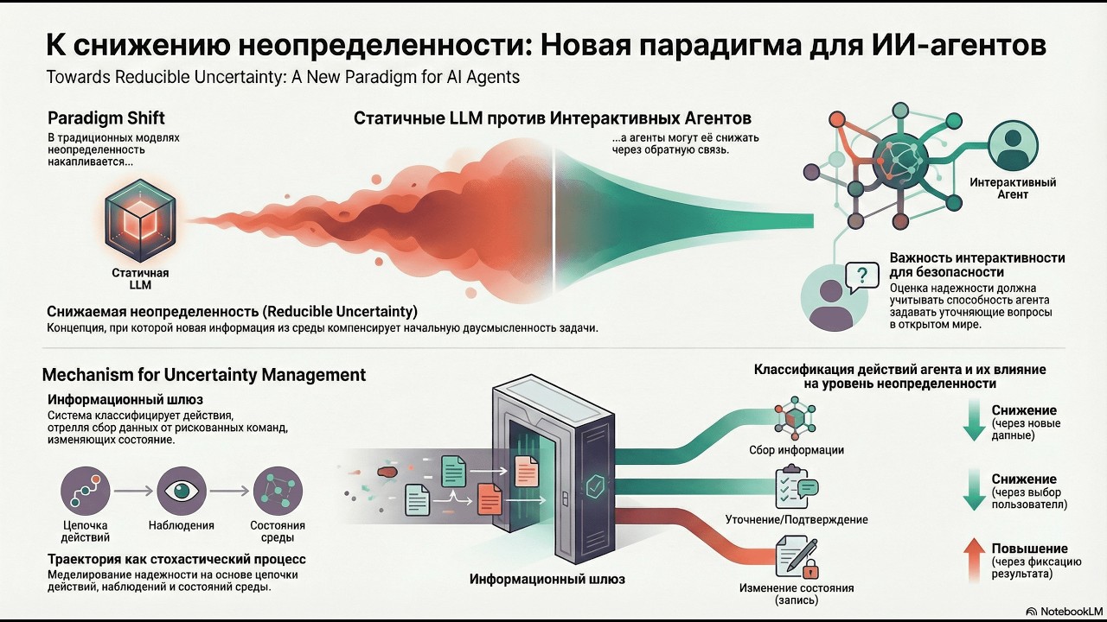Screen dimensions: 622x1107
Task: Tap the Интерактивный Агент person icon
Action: pyautogui.click(x=1012, y=144)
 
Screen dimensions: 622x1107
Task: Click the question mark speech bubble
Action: pyautogui.click(x=861, y=277)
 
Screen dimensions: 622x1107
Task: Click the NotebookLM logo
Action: pyautogui.click(x=1060, y=610)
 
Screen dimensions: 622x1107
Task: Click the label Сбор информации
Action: pyautogui.click(x=797, y=449)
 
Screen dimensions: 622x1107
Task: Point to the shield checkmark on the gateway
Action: pyautogui.click(x=595, y=486)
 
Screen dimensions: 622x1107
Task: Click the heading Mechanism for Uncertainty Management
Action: pyautogui.click(x=204, y=375)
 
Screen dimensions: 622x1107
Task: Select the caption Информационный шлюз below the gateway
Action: pyautogui.click(x=547, y=579)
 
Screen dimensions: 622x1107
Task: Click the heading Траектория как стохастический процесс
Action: pyautogui.click(x=176, y=559)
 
